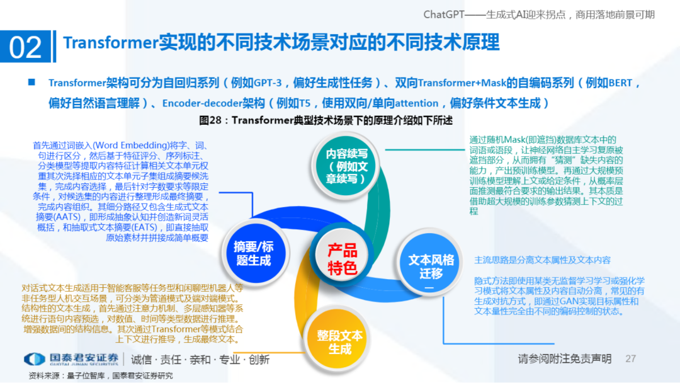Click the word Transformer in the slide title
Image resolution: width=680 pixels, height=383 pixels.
tap(110, 42)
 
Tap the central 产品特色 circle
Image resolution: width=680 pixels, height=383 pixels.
tap(342, 259)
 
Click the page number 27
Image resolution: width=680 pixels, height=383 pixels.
tap(631, 359)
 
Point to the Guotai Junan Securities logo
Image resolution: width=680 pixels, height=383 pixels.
tap(71, 360)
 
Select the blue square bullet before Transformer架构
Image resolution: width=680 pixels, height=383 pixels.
tap(31, 83)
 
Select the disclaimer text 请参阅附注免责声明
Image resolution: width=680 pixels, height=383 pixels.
tap(564, 359)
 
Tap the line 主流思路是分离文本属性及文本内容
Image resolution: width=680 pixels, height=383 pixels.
tap(542, 260)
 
